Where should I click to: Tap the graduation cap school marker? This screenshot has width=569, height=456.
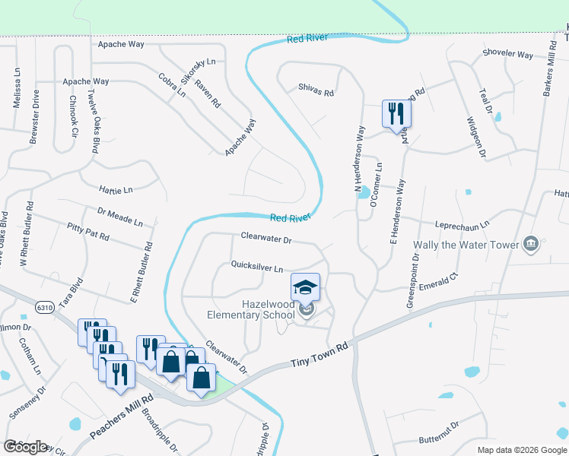point(305,287)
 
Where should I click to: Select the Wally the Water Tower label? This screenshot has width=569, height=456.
point(466,245)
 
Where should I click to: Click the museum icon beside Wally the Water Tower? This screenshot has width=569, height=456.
point(532,244)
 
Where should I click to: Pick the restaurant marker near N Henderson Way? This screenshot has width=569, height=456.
point(396,114)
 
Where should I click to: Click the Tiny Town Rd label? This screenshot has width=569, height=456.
point(319,355)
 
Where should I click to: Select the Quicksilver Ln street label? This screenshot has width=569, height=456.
point(257,268)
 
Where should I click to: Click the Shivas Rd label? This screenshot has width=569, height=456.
point(316,93)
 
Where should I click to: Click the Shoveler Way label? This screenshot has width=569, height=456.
point(507,54)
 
